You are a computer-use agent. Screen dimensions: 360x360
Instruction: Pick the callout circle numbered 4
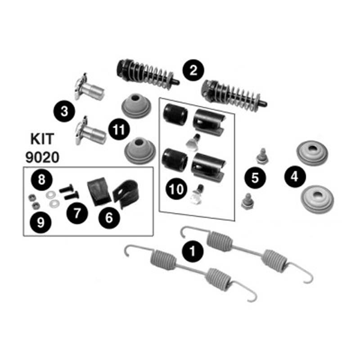(294, 177)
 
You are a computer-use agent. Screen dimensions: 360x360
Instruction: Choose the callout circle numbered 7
(77, 212)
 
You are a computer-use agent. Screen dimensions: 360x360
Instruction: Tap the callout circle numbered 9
(41, 223)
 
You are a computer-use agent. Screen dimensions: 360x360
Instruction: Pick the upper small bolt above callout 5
(261, 157)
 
